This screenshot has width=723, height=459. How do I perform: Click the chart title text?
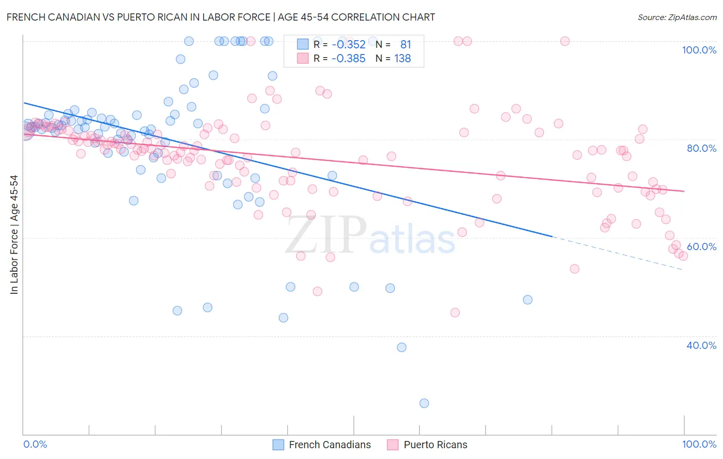tap(221, 17)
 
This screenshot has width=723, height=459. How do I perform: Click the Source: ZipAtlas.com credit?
tap(677, 17)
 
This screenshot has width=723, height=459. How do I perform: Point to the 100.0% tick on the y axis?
tap(699, 50)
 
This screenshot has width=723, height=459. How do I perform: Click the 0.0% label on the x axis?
tap(35, 444)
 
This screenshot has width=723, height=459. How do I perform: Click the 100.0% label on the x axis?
tap(699, 444)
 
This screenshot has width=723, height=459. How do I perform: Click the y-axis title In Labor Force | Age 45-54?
tap(14, 235)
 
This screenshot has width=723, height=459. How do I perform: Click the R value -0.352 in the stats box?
tap(348, 45)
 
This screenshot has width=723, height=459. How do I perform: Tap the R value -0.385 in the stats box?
tap(348, 59)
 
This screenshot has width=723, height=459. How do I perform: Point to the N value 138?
tap(402, 59)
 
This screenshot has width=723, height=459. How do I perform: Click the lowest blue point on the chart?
tap(424, 403)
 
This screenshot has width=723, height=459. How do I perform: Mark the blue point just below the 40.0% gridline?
tap(402, 347)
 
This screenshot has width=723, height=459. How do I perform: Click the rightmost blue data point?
tap(528, 299)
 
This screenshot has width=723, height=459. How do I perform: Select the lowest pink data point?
tap(455, 312)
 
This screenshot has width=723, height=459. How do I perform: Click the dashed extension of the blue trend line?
tap(617, 253)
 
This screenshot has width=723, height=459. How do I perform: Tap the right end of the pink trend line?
tap(684, 191)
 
